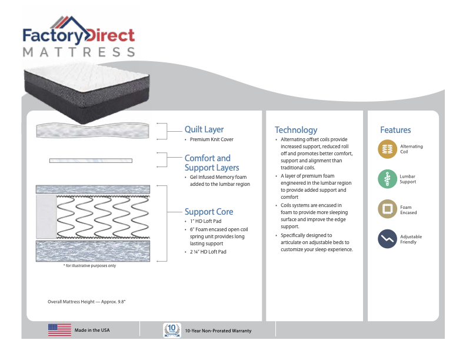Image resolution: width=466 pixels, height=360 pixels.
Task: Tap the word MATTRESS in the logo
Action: pos(79,51)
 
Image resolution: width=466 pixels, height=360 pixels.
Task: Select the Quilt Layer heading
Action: pos(204,129)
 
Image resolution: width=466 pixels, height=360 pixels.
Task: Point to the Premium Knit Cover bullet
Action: pos(211,140)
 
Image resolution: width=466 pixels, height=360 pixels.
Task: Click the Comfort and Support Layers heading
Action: pos(208,163)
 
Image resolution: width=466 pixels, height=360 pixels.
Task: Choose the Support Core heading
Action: pos(209,212)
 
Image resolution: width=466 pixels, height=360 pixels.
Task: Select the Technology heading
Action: pos(296,130)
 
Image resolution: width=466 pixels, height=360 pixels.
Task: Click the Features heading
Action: pos(395,130)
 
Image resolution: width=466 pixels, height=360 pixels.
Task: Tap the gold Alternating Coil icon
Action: pos(387,149)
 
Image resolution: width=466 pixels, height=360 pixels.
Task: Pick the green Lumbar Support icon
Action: pos(387,179)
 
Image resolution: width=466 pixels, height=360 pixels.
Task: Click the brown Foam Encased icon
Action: pos(387,209)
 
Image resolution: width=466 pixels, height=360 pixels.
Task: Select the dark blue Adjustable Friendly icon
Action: pos(387,239)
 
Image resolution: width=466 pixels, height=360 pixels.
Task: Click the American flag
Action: pos(59,330)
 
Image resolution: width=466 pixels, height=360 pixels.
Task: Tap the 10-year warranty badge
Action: pos(171,330)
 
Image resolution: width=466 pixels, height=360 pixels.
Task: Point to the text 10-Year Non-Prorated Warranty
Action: pos(218,331)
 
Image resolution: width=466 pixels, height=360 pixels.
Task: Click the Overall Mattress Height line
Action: pos(87,302)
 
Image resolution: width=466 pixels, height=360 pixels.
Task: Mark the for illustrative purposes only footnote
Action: pos(89,266)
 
